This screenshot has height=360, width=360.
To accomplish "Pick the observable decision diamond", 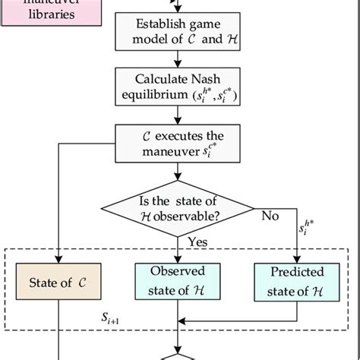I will [x=179, y=207].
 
